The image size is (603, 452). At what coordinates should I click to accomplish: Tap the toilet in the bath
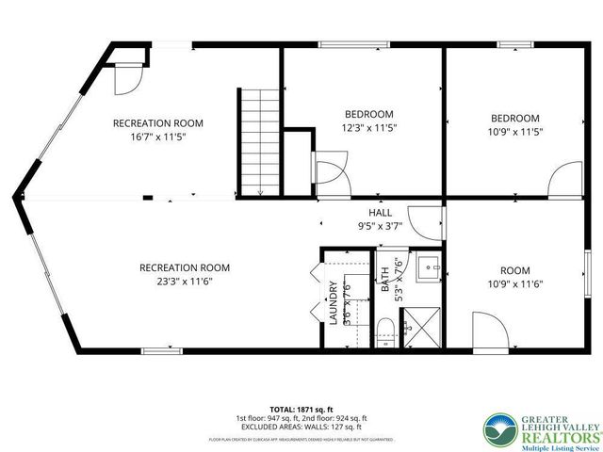[x=383, y=330]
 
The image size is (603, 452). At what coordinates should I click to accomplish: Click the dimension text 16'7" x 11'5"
[x=157, y=137]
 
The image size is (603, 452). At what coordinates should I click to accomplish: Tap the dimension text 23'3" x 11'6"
[x=184, y=281]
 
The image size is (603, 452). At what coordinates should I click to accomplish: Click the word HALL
[x=381, y=213]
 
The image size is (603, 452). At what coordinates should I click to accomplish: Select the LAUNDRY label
[x=334, y=303]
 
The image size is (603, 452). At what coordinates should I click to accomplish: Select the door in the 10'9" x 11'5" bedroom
[x=567, y=179]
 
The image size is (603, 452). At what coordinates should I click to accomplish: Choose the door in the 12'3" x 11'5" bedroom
[x=332, y=173]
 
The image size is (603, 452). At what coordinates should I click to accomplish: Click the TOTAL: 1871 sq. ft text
[x=301, y=408]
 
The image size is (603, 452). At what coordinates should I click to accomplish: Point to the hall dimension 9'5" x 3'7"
[x=381, y=226]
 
